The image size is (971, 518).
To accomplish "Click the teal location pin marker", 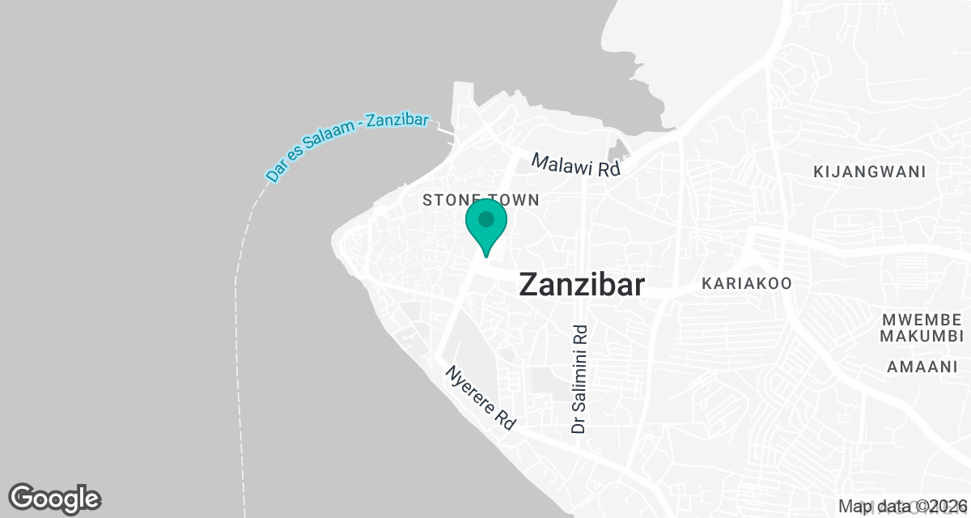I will click(x=485, y=227).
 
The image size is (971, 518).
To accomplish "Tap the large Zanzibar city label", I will click(x=581, y=285).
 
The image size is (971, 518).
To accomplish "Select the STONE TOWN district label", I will click(x=481, y=200).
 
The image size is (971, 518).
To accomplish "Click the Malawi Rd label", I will click(x=575, y=164).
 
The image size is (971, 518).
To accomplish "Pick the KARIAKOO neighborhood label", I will click(x=746, y=283).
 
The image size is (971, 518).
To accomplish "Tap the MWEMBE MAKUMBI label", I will click(x=922, y=327).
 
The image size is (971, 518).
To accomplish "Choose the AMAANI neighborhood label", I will click(x=922, y=367).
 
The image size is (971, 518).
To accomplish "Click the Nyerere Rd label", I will click(x=481, y=397).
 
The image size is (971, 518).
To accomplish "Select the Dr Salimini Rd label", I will click(x=579, y=379).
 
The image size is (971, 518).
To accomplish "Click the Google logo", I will click(x=54, y=498).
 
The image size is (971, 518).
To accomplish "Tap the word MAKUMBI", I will click(x=922, y=336).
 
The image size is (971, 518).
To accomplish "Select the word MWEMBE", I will click(x=922, y=318).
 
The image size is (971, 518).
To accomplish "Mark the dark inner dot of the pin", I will click(x=485, y=219).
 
